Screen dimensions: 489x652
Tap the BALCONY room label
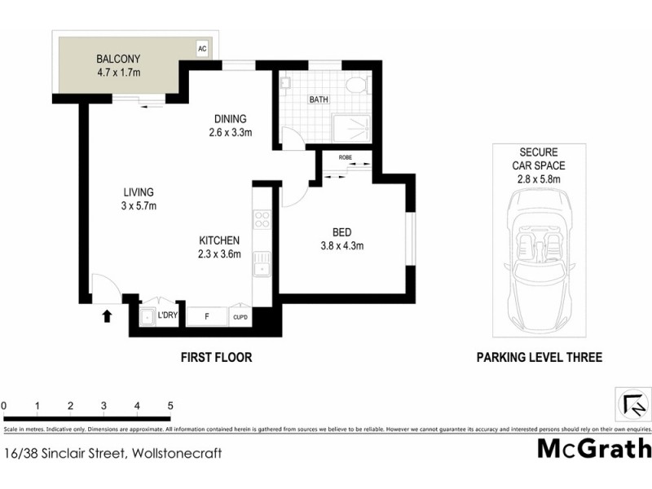click(119, 59)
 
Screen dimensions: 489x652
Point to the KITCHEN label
click(220, 240)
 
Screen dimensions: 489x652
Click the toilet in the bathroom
click(355, 86)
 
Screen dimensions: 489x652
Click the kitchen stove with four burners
click(262, 218)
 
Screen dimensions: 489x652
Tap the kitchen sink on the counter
click(262, 266)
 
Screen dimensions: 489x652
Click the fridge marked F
click(207, 316)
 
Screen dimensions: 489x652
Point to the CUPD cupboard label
click(240, 317)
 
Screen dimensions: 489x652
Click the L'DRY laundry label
click(168, 315)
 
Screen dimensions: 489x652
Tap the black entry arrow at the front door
click(106, 315)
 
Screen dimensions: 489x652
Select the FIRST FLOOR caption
click(215, 357)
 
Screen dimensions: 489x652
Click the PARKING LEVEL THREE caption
click(540, 357)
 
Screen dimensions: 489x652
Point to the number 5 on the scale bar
click(170, 405)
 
